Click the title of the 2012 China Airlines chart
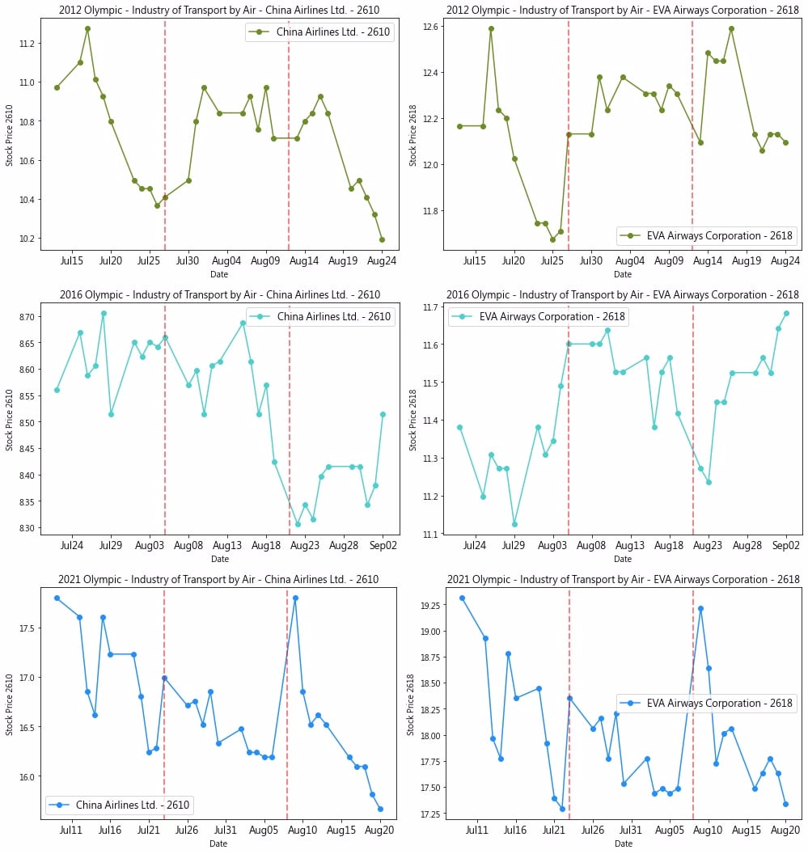218,10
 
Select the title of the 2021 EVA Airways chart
623,579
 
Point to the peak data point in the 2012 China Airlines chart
87,28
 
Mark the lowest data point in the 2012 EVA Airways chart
552,239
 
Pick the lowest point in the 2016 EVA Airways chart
514,524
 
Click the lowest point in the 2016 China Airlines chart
298,524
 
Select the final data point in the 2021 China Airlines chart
380,809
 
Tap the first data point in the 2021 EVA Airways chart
462,598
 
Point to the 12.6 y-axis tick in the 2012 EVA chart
429,27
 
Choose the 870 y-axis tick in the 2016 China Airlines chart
29,316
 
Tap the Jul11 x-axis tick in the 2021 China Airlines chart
71,830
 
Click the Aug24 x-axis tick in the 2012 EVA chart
786,262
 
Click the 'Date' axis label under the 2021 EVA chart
623,843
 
